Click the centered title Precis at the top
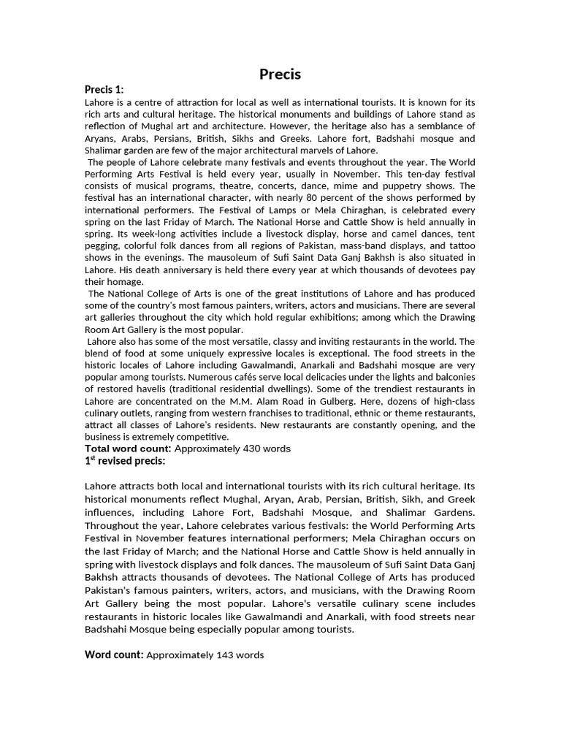click(x=280, y=74)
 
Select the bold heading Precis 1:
click(x=104, y=89)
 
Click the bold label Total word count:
click(x=128, y=449)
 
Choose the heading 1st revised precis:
click(x=125, y=461)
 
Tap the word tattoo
click(x=460, y=245)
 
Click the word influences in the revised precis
click(x=110, y=512)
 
